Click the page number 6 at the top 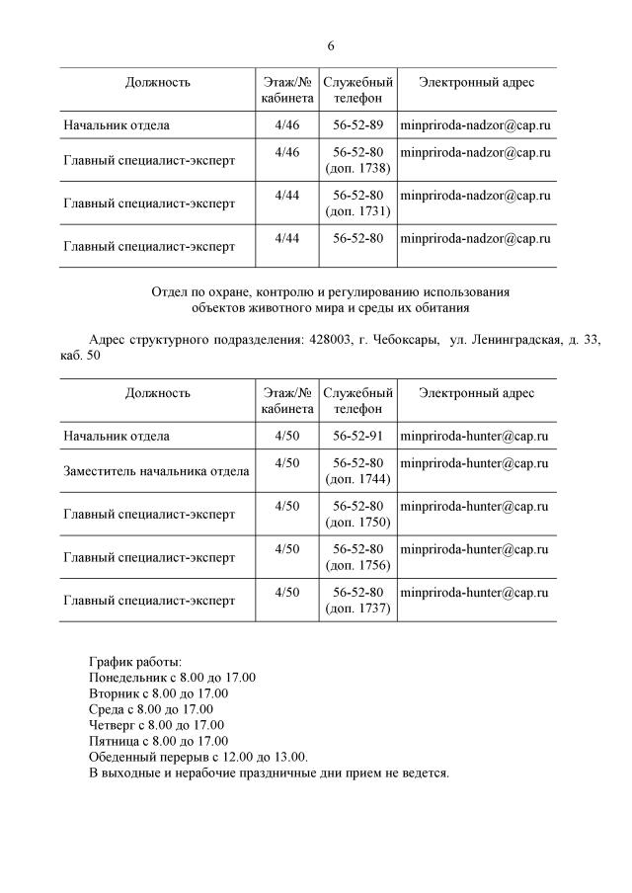[x=331, y=46]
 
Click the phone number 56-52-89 [x=357, y=125]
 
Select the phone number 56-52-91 [x=357, y=436]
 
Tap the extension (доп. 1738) [x=357, y=168]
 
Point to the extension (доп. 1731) [x=357, y=211]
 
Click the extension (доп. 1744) [x=357, y=479]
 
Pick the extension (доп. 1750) [x=357, y=523]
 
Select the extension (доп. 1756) [x=357, y=566]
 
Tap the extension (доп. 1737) [x=357, y=609]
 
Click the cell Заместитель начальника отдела [x=156, y=471]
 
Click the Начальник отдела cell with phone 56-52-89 [x=117, y=125]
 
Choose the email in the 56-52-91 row [x=474, y=436]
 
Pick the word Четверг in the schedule [x=112, y=725]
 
